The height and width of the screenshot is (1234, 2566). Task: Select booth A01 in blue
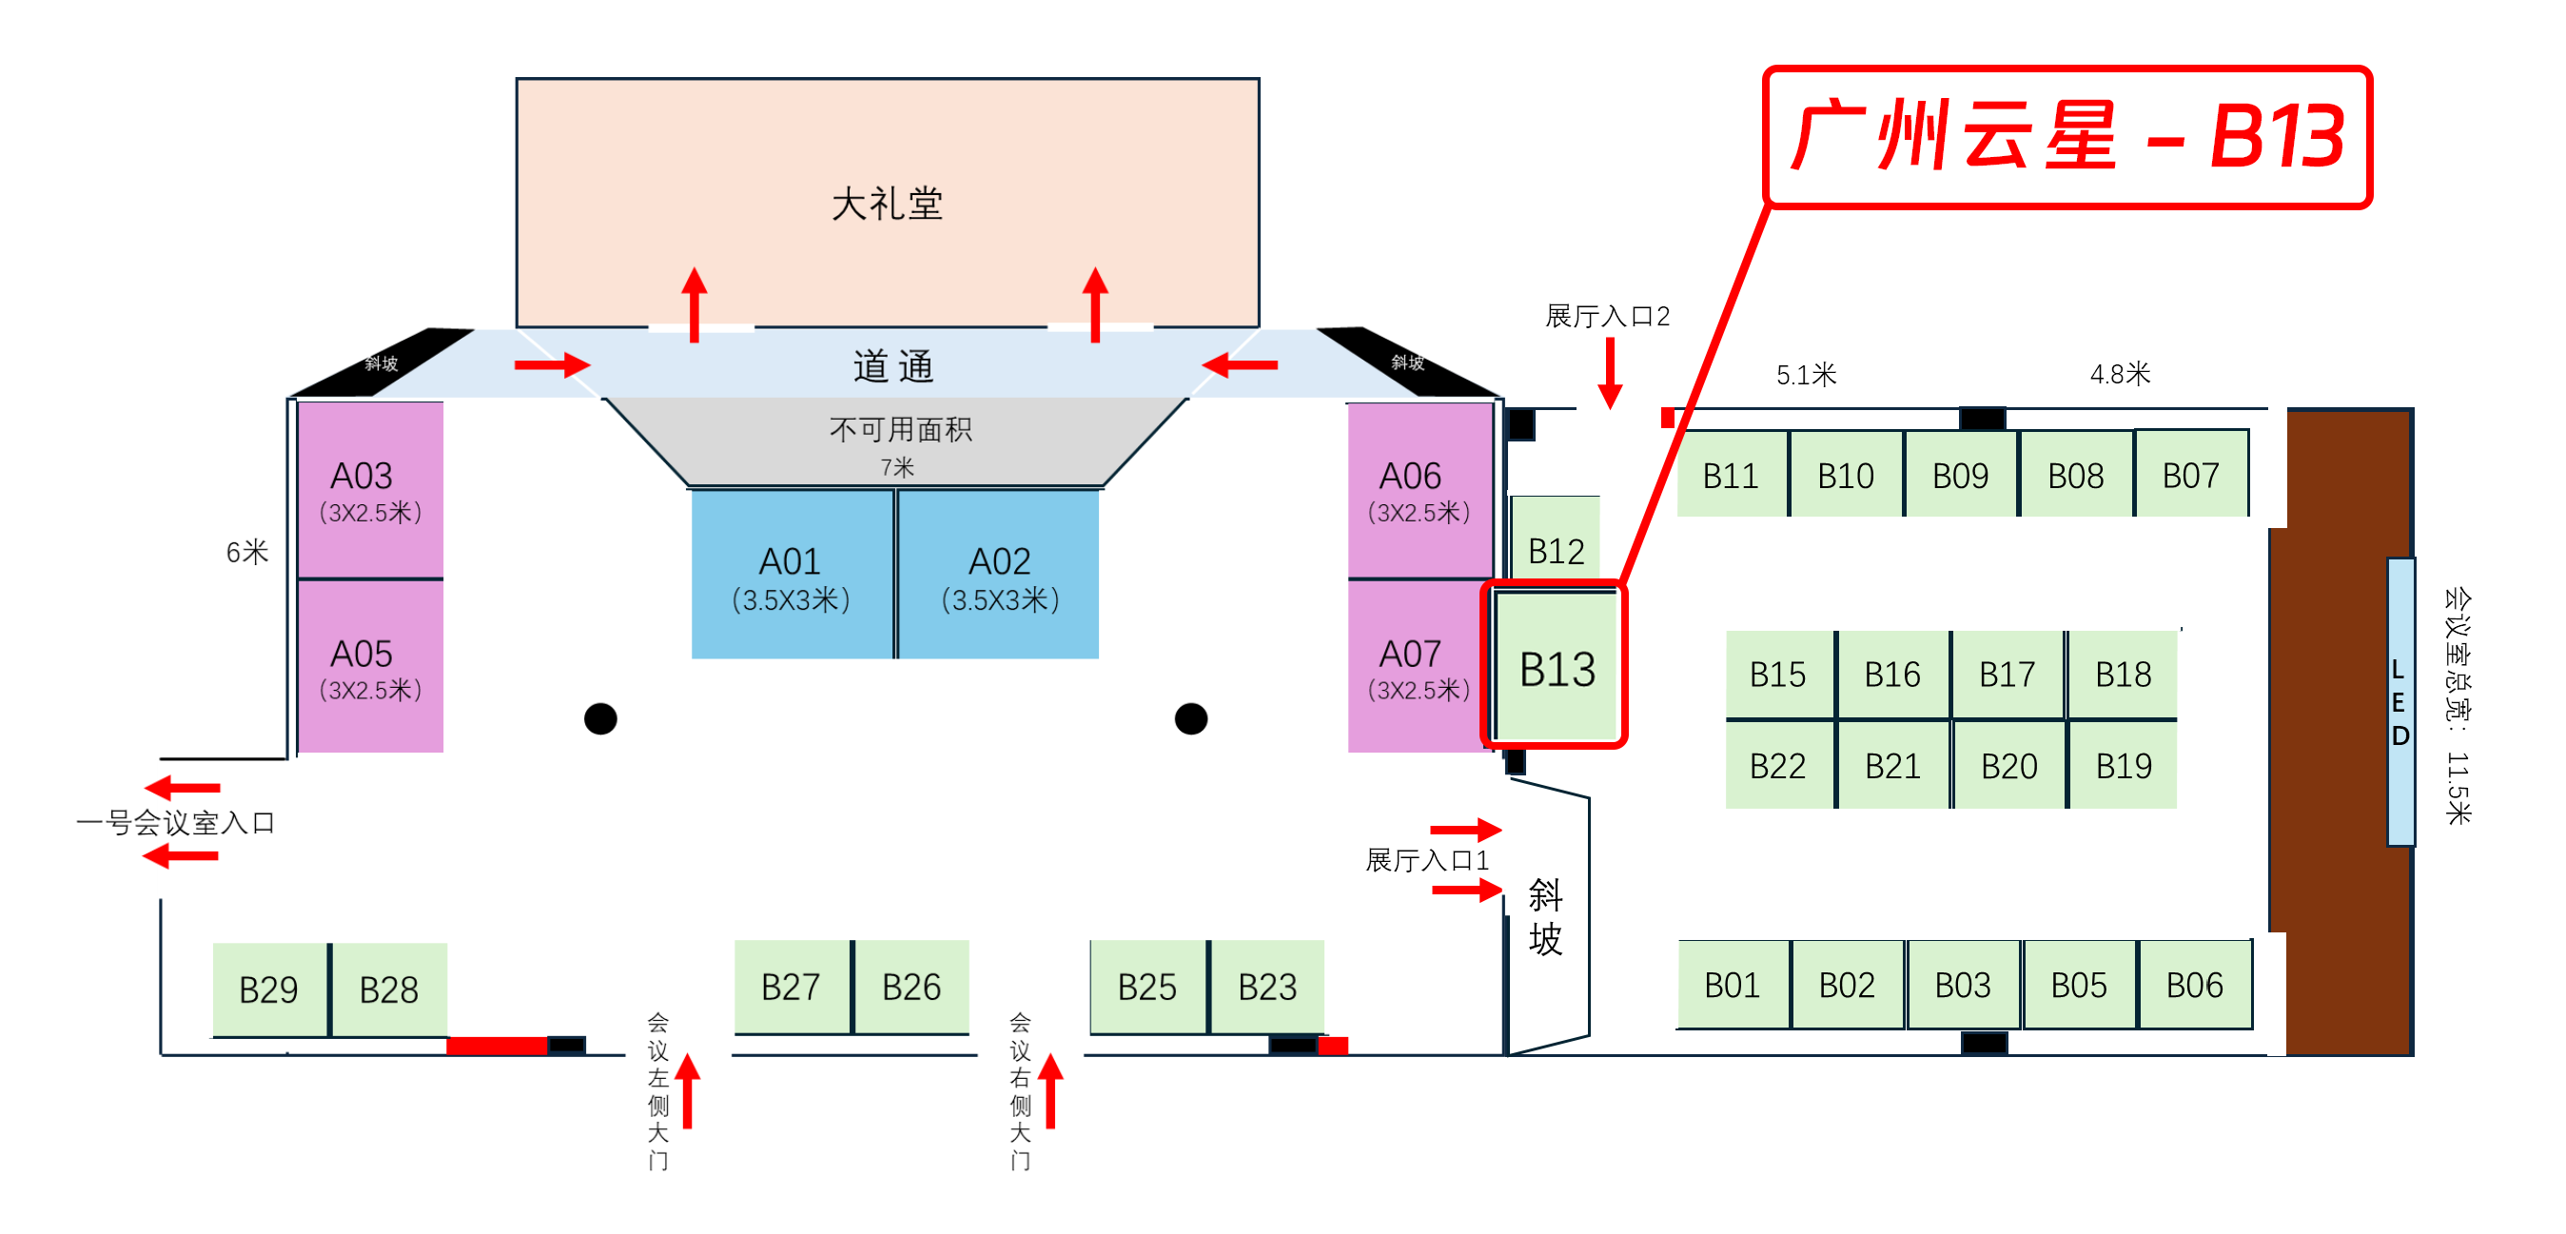tap(792, 575)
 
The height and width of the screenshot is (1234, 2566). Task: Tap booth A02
tap(999, 575)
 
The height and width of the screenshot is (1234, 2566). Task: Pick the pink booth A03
tap(369, 489)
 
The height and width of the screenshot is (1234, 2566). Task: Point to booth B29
tap(269, 989)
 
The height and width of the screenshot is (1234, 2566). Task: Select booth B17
tap(2008, 675)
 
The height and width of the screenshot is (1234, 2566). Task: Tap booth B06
tap(2194, 985)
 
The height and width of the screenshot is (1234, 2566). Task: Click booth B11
tap(1731, 475)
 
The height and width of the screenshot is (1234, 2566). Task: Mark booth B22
tap(1778, 766)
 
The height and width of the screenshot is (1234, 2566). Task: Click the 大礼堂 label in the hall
tap(887, 205)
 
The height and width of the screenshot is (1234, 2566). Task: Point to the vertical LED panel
tap(2400, 702)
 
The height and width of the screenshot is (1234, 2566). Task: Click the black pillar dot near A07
tap(1190, 718)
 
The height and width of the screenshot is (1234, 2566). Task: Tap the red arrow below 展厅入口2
tap(1610, 374)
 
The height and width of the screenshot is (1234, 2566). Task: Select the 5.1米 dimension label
tap(1806, 375)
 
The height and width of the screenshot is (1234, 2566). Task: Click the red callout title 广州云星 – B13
tap(2067, 136)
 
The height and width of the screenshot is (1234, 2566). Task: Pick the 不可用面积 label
tap(900, 429)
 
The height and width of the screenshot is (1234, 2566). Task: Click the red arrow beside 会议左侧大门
tap(687, 1090)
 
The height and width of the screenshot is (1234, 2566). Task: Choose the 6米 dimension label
tap(247, 552)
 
